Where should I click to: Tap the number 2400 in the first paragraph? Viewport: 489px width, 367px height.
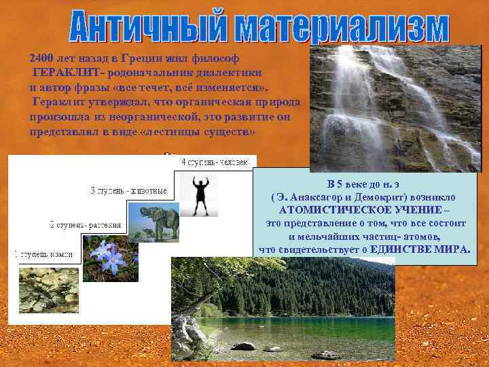(x=42, y=59)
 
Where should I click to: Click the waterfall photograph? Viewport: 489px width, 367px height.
(x=394, y=109)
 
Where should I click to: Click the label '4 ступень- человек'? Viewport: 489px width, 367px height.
(x=217, y=162)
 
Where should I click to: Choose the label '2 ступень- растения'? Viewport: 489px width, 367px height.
(x=86, y=224)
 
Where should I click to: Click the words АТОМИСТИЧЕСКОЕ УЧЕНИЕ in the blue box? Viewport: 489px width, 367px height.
(x=364, y=210)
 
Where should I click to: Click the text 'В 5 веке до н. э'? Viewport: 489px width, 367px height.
(x=364, y=184)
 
